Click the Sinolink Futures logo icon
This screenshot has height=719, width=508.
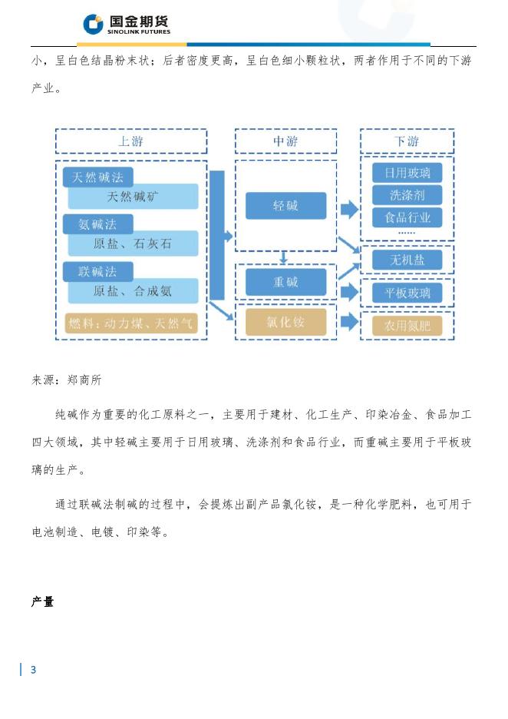93,25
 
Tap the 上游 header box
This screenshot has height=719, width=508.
130,141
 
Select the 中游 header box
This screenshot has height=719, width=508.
285,141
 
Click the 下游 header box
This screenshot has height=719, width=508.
407,141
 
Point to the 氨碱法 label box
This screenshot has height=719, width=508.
97,224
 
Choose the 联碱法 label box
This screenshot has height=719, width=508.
97,272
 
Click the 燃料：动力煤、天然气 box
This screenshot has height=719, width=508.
131,323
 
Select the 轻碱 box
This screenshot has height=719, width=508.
285,206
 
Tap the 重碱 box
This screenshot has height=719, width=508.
285,282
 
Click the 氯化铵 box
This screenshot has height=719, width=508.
285,323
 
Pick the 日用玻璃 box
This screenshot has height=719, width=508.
407,172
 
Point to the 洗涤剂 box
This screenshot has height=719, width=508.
407,195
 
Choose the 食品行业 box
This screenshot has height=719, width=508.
407,217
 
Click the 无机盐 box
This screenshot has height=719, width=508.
407,260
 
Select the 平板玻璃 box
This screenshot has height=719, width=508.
407,293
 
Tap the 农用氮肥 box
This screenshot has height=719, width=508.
407,326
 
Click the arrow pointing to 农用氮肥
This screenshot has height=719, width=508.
349,322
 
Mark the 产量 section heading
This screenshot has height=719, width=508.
42,602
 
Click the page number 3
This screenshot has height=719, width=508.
33,670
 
